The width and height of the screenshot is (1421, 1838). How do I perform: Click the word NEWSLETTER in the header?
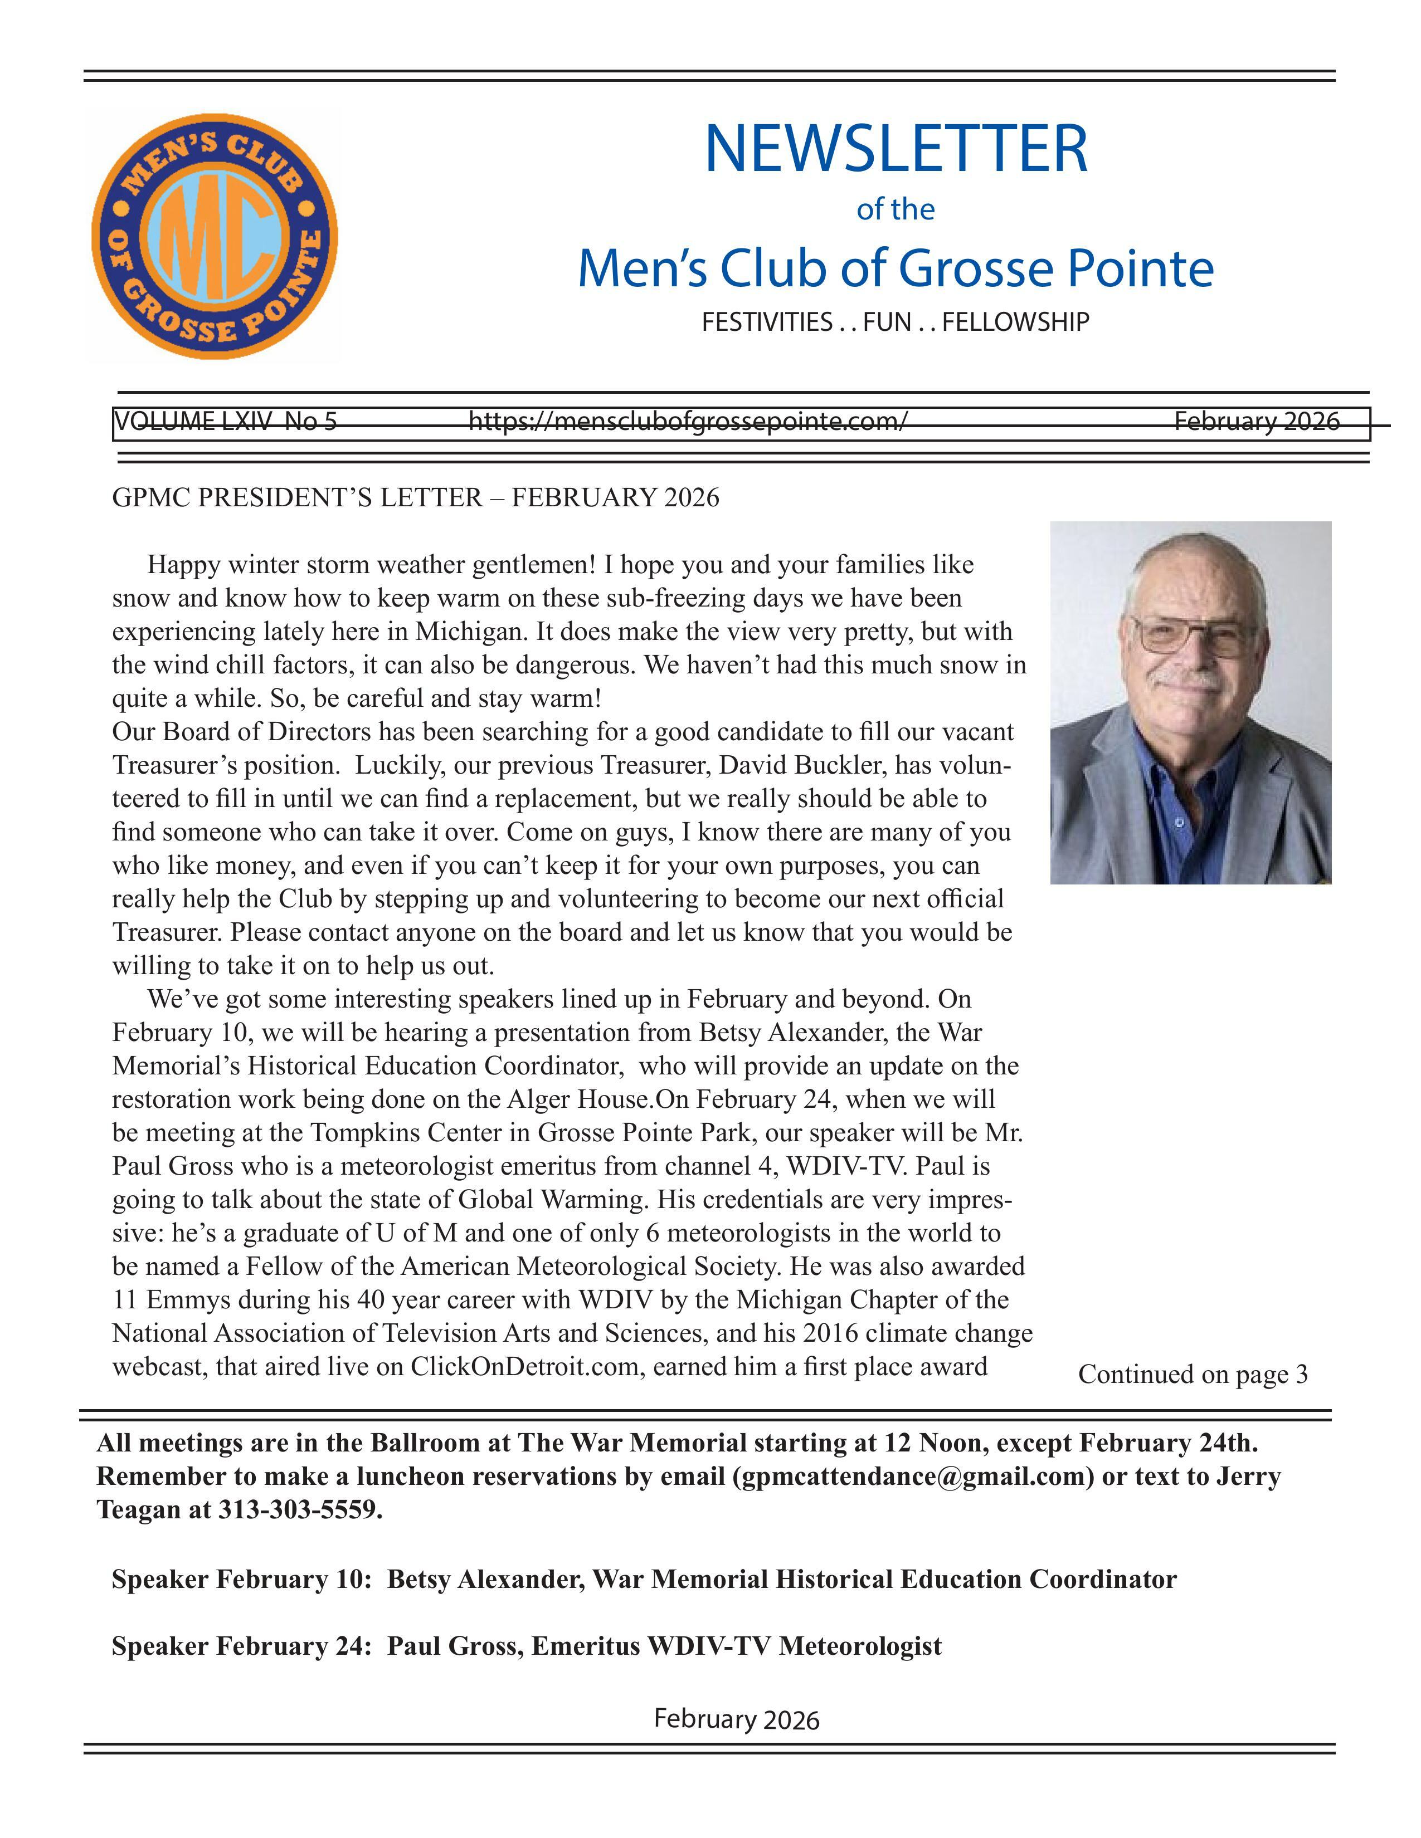[x=895, y=149]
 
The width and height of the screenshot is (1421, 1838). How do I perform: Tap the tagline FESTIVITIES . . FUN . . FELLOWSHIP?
[x=895, y=321]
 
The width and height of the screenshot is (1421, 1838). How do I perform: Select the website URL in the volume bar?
[x=688, y=421]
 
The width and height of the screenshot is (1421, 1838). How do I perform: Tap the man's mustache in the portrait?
[x=1188, y=678]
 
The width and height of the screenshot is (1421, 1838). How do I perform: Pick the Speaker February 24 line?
[x=526, y=1646]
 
